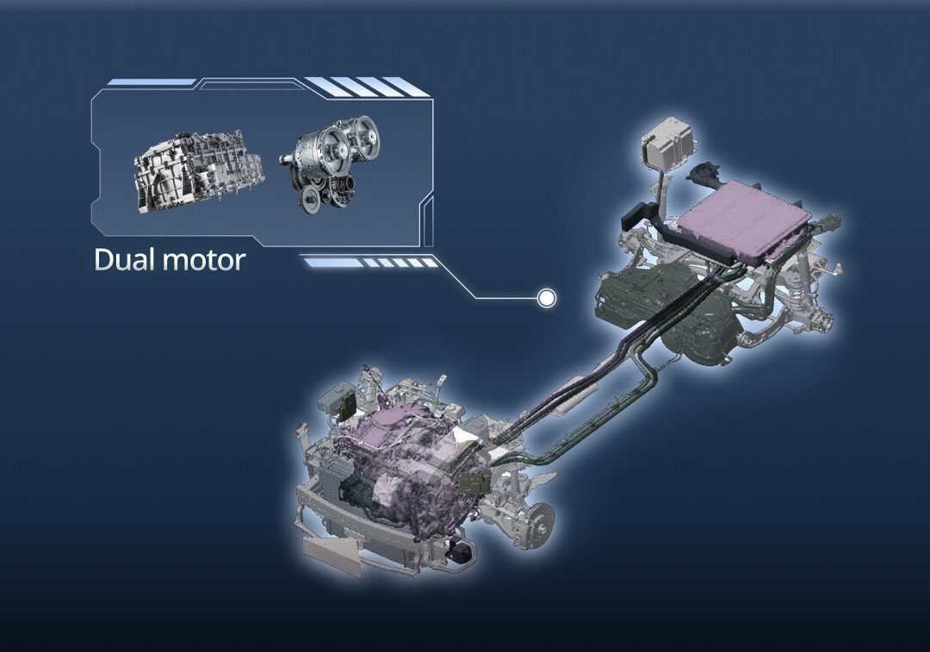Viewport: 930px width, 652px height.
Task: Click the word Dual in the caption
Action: (122, 260)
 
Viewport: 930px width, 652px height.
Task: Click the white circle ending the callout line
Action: (546, 298)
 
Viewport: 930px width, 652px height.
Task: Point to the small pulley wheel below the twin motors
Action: (310, 196)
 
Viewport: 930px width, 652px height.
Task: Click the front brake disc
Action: (542, 516)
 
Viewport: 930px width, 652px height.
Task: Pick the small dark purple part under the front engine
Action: (460, 550)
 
